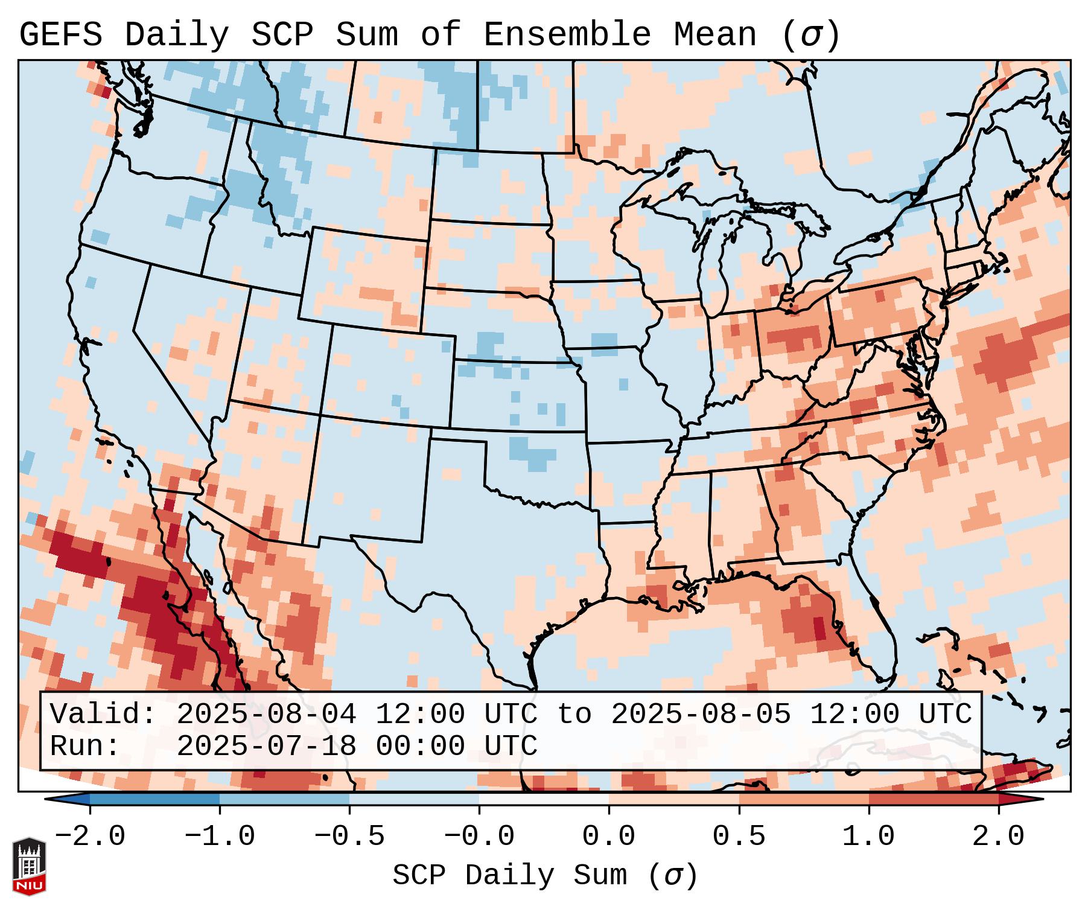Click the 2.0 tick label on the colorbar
click(x=998, y=837)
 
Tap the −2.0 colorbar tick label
click(x=90, y=837)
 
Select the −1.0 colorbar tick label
click(x=220, y=837)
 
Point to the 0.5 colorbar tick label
click(x=739, y=837)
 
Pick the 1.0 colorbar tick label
click(x=868, y=837)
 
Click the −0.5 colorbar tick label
click(x=349, y=837)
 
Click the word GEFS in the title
click(x=60, y=34)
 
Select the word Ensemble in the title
click(x=567, y=34)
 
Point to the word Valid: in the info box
click(x=103, y=714)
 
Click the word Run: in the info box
click(x=85, y=746)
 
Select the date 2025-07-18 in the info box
click(x=266, y=746)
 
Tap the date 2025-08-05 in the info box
click(x=701, y=714)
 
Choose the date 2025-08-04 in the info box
click(x=266, y=714)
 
